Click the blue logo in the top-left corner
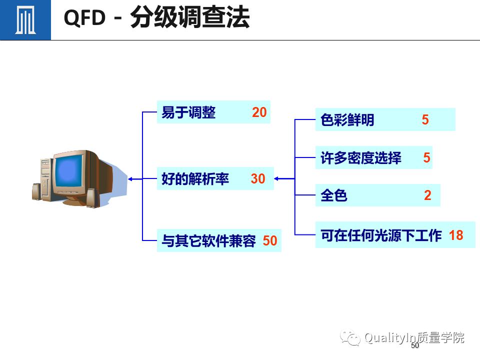pos(25,20)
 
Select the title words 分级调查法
pos(189,18)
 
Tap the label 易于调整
pos(188,112)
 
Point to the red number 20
pos(259,112)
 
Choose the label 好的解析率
pos(195,179)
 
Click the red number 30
pos(258,179)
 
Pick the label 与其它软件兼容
pos(208,241)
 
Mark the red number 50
pos(270,241)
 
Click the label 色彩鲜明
pos(347,120)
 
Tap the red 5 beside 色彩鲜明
pos(425,120)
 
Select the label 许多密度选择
pos(360,158)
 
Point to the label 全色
pos(333,195)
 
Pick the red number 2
pos(427,195)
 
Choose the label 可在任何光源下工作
pos(381,235)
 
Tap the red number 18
pos(456,235)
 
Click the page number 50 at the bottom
pos(414,346)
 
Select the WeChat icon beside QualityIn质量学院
pos(350,338)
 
